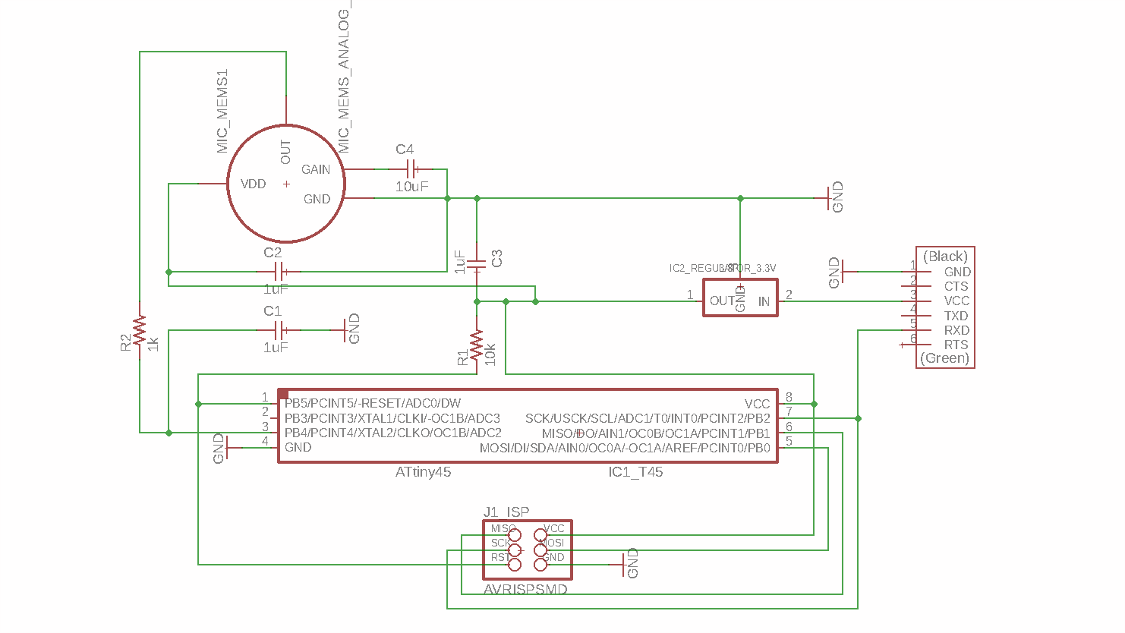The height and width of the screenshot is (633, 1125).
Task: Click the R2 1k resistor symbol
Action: point(140,330)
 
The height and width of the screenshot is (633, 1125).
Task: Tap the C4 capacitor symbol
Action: point(411,168)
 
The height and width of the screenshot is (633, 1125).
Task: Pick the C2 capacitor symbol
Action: point(279,272)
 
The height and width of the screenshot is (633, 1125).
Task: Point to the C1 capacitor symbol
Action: point(279,330)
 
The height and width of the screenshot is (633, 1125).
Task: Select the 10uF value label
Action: point(411,187)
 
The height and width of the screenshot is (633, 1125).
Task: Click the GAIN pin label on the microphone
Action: point(316,169)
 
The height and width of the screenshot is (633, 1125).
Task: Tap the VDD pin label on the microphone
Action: point(253,184)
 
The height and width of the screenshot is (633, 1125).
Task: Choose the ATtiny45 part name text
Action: point(423,472)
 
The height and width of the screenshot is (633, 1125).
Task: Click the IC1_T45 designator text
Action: point(635,472)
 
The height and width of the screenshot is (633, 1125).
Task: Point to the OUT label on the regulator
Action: point(721,301)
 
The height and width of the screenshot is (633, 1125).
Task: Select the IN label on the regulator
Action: point(764,301)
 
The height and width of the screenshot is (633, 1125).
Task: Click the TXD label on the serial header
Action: point(956,316)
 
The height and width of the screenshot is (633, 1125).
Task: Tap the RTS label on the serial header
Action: point(956,345)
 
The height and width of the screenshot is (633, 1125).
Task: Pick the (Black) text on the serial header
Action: point(945,257)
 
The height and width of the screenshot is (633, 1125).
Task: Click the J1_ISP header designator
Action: point(506,512)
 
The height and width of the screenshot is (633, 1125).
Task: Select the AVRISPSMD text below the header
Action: point(525,589)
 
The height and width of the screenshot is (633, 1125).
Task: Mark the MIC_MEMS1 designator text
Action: point(222,112)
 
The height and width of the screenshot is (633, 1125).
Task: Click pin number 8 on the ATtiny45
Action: point(789,397)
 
